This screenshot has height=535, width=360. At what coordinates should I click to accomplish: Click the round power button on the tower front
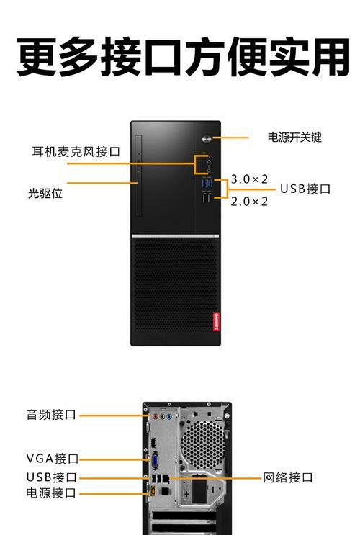click(207, 138)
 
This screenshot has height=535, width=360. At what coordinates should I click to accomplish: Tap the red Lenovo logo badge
click(216, 321)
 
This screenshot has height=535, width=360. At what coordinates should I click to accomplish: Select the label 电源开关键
click(294, 137)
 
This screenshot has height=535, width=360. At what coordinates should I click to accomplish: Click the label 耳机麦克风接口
click(76, 151)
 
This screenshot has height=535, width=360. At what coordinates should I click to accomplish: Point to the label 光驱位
click(45, 193)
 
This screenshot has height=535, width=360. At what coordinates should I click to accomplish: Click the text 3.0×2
click(249, 179)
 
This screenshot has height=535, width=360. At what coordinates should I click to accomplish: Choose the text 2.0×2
click(249, 202)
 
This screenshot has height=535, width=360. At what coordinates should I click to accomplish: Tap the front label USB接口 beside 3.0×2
click(305, 189)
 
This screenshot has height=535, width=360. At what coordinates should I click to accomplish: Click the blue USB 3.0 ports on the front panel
click(207, 183)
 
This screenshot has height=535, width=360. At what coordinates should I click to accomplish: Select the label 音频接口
click(51, 415)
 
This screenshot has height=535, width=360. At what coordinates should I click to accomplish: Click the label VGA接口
click(53, 458)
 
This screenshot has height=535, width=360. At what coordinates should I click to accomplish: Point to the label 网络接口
click(288, 477)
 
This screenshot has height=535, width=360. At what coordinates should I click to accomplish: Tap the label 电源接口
click(51, 493)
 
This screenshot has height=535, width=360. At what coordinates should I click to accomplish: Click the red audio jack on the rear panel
click(156, 417)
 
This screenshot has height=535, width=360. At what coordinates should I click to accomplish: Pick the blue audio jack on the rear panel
click(169, 417)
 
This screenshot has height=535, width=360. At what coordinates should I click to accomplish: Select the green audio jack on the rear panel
click(162, 417)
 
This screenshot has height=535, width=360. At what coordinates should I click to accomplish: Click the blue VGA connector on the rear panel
click(156, 461)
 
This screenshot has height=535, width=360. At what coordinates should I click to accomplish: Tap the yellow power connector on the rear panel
click(153, 491)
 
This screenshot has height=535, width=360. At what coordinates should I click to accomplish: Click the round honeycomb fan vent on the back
click(202, 444)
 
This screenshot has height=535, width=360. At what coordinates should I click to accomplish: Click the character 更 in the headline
click(37, 57)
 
